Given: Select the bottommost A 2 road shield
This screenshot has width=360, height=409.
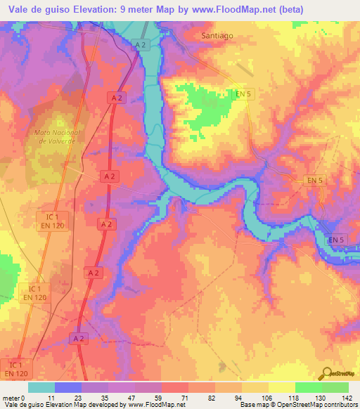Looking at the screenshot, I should click(x=79, y=338).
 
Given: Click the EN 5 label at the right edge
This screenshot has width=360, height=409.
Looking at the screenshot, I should click(x=338, y=240).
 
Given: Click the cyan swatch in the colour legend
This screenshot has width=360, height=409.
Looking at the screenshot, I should click(x=41, y=387).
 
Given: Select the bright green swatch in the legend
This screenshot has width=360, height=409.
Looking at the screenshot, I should click(x=309, y=387).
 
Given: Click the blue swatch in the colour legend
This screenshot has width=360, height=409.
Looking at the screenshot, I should click(x=68, y=387).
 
